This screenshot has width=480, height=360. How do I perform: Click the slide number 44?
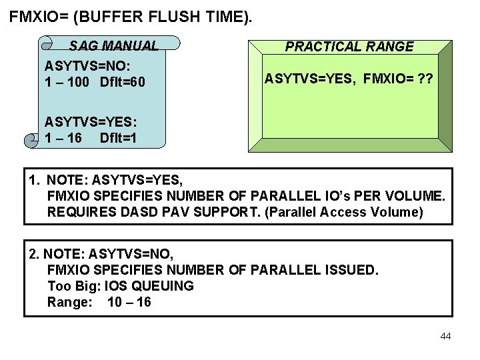446,336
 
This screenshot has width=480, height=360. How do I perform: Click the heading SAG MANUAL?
114,46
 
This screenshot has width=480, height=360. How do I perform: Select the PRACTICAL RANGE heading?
349,47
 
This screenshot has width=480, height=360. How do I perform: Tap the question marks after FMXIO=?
425,79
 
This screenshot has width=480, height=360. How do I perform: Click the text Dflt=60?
122,83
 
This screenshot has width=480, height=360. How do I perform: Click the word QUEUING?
164,286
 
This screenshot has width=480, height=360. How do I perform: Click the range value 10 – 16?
129,302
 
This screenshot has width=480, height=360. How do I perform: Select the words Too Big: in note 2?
71,286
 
